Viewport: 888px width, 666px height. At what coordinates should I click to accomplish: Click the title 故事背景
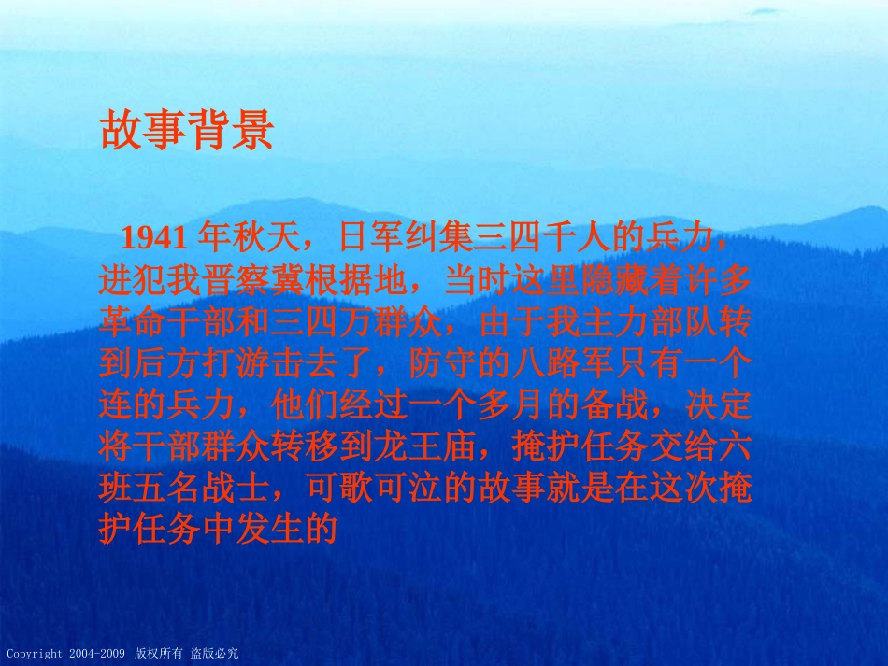[x=186, y=132]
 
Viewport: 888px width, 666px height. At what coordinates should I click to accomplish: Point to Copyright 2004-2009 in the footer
[x=65, y=654]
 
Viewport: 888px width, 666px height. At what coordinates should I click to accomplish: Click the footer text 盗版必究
[x=215, y=654]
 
